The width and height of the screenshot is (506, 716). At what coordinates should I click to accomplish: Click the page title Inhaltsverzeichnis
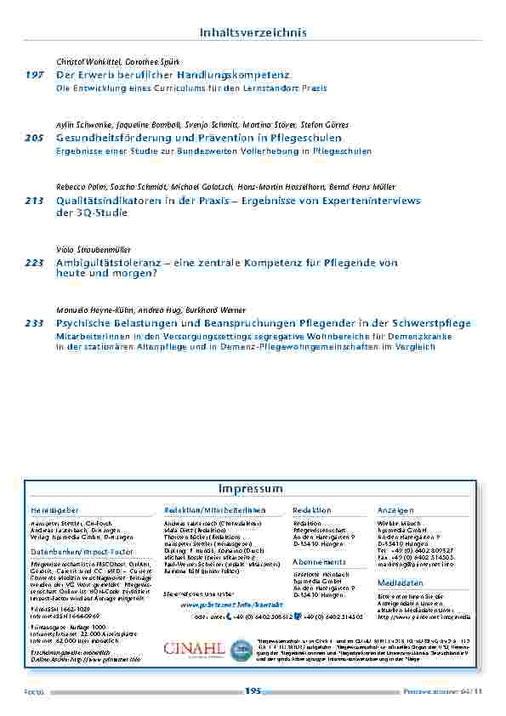tap(253, 32)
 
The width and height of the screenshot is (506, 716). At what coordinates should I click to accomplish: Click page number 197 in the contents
tap(34, 76)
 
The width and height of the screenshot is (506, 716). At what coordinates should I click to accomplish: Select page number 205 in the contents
tap(34, 138)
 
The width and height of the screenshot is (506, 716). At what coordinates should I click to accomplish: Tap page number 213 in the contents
tap(34, 201)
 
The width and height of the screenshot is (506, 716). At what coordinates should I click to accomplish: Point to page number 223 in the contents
tap(34, 264)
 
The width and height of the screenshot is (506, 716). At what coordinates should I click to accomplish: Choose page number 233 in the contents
tap(34, 323)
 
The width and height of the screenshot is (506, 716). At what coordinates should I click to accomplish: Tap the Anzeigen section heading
tap(395, 510)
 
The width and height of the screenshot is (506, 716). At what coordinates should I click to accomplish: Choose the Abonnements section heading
tap(320, 562)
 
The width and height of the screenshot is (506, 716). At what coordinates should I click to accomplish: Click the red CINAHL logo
tap(194, 649)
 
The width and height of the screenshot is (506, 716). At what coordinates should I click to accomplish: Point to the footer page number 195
tap(253, 691)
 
